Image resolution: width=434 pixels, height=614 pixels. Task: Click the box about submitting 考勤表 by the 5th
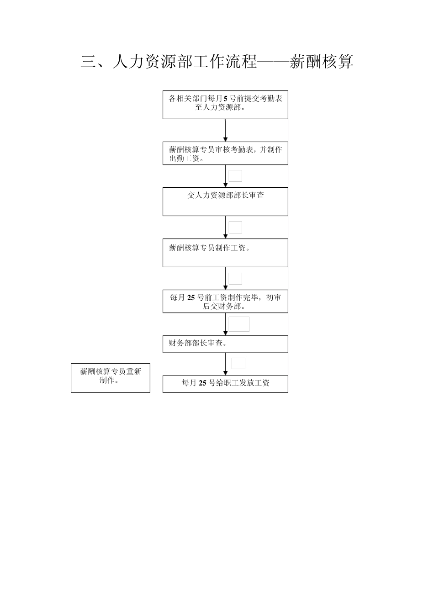pos(225,105)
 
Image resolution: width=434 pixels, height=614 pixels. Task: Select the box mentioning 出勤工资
pos(225,153)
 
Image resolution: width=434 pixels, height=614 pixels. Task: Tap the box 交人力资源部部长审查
pos(225,201)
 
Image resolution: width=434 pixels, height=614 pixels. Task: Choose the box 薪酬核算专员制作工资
pos(225,253)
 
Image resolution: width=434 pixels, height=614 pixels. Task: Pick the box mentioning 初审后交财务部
pos(225,302)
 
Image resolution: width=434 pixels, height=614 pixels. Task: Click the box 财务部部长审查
pos(225,344)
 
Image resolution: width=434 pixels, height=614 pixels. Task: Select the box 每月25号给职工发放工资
pos(225,384)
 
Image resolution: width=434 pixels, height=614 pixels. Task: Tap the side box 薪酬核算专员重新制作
pos(111,378)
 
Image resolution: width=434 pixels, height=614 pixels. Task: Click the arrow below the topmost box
pos(225,131)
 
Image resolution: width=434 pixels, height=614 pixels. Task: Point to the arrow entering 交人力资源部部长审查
pos(225,176)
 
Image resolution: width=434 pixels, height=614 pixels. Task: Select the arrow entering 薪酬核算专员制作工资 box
pos(225,228)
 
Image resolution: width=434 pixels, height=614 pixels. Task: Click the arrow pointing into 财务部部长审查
pos(225,324)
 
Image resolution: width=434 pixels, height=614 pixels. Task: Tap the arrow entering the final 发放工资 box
pos(225,364)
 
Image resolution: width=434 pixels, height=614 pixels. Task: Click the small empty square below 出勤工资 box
pos(235,176)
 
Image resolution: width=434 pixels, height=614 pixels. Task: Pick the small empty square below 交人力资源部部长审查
pos(235,227)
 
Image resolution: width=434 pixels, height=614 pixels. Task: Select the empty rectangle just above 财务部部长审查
pos(239,324)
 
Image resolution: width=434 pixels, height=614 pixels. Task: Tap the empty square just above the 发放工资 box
pos(238,363)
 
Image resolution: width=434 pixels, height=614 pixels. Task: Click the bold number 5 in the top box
pos(225,99)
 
